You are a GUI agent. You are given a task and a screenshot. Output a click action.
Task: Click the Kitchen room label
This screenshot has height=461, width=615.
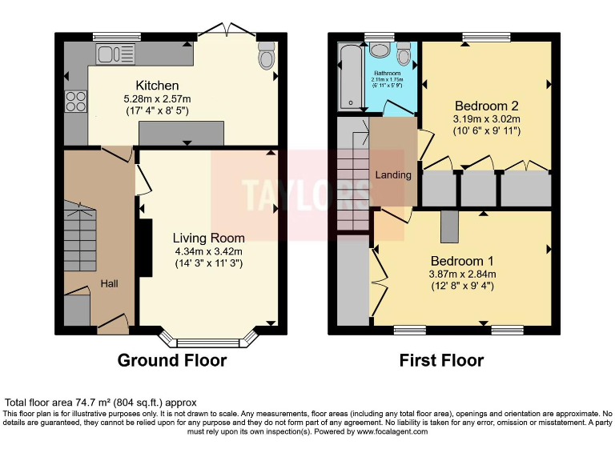coord(157,86)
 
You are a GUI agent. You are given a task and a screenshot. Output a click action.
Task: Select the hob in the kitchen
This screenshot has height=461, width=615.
coord(76,102)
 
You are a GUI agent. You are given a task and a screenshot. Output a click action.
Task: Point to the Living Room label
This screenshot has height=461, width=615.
coord(209,238)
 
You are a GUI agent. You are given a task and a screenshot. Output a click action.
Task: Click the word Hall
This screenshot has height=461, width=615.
coord(109,283)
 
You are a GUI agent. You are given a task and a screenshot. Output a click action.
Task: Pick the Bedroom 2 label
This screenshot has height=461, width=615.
coord(487,106)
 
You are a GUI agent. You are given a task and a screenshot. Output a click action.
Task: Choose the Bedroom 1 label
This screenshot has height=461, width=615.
coord(462,261)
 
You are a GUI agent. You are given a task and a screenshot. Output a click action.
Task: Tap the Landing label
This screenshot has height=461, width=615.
coord(393,174)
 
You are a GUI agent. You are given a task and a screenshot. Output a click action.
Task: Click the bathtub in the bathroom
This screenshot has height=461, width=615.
coord(349,76)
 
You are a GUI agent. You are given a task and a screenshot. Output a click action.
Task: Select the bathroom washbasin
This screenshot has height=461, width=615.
coord(379,50)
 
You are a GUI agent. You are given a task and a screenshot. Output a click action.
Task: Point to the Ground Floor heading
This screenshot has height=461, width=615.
coord(172,360)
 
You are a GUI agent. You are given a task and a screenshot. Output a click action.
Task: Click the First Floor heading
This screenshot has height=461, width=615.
coord(442,360)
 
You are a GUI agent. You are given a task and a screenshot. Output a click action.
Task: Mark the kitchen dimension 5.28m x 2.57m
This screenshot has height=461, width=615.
coord(157,99)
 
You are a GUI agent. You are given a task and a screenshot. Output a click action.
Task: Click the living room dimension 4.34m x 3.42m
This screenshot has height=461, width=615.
coord(209,251)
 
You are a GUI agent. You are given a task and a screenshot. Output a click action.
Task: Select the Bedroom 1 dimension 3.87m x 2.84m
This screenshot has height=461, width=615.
coord(462,274)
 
